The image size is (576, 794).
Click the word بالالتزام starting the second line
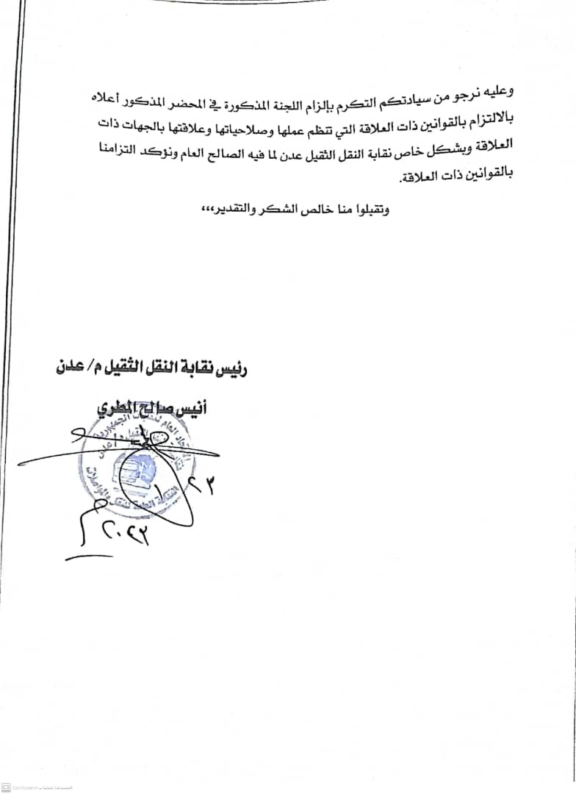point(489,121)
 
